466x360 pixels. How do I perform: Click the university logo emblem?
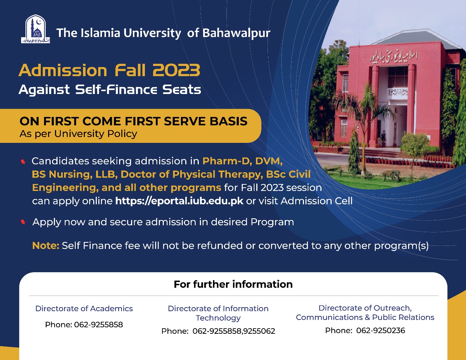point(35,29)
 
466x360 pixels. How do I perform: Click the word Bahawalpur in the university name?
point(236,33)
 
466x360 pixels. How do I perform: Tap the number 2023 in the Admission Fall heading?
point(176,70)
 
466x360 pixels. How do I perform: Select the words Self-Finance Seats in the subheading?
point(138,90)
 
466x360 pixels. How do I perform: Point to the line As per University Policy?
point(78,134)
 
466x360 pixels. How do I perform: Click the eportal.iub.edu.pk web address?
point(179,201)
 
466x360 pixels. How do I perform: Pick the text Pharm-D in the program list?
point(226,161)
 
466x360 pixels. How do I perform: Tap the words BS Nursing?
point(62,174)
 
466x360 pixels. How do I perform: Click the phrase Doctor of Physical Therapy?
point(191,174)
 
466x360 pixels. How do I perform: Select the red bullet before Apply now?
point(23,222)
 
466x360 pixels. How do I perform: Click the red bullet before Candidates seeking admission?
point(23,161)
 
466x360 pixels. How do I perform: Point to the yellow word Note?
point(46,246)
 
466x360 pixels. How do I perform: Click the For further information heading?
point(233,284)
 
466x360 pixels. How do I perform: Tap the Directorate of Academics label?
point(84,309)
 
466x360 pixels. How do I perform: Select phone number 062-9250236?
point(380,330)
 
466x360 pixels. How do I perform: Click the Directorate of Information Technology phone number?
point(234,331)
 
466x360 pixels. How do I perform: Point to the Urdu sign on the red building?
point(393,56)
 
